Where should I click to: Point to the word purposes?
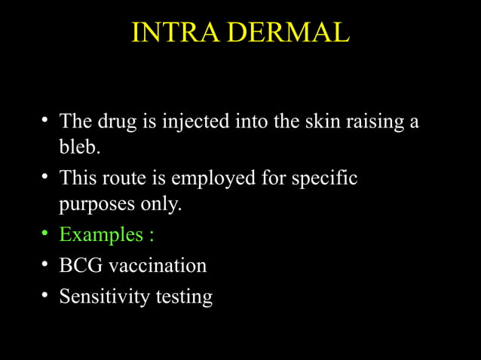94,206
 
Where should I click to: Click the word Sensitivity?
104,297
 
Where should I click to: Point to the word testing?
184,297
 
